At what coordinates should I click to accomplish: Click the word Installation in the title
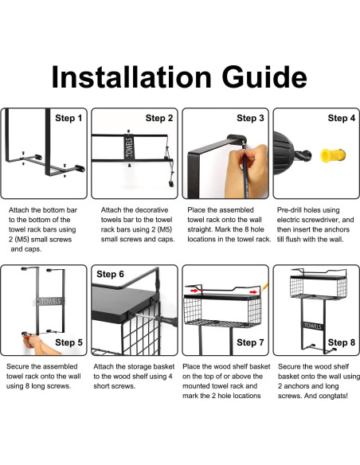coord(131,76)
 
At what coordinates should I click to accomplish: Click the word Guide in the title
coord(264,76)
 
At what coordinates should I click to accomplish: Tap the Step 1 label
coord(68,118)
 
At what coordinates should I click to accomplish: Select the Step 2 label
coord(159,118)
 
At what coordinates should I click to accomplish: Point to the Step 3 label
coord(250,118)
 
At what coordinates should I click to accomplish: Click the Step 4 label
coord(342,118)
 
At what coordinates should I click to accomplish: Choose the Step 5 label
coord(68,342)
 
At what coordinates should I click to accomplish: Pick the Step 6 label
coord(110,274)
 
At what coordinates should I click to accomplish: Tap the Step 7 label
coord(250,342)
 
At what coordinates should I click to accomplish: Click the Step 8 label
coord(342,342)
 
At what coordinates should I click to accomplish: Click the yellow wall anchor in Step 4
coord(333,155)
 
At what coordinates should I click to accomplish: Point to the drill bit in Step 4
coord(303,155)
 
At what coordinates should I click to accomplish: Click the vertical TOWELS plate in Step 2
coord(129,147)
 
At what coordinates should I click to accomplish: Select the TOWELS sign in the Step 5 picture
coord(51,301)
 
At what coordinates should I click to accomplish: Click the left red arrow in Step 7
coord(194,291)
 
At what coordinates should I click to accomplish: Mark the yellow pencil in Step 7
coord(264,287)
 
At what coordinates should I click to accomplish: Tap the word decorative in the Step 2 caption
coord(150,210)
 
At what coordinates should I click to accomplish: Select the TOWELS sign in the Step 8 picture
coord(313,326)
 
